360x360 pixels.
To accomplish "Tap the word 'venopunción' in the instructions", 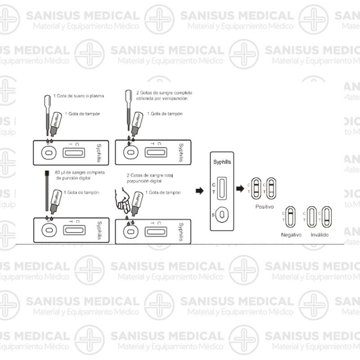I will pos(173,98).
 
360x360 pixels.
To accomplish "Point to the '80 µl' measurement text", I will pos(59,173).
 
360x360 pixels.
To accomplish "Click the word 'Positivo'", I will pos(265,207).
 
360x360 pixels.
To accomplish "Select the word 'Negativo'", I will pos(291,235).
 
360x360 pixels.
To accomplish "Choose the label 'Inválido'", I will pos(319,235).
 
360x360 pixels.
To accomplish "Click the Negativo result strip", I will pos(291,217).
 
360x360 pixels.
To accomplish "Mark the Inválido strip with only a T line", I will pos(327,217).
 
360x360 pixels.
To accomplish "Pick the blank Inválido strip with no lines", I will pos(312,217).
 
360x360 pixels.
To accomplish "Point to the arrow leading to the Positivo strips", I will pos(240,188).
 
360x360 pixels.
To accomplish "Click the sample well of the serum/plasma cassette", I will pos(48,153).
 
